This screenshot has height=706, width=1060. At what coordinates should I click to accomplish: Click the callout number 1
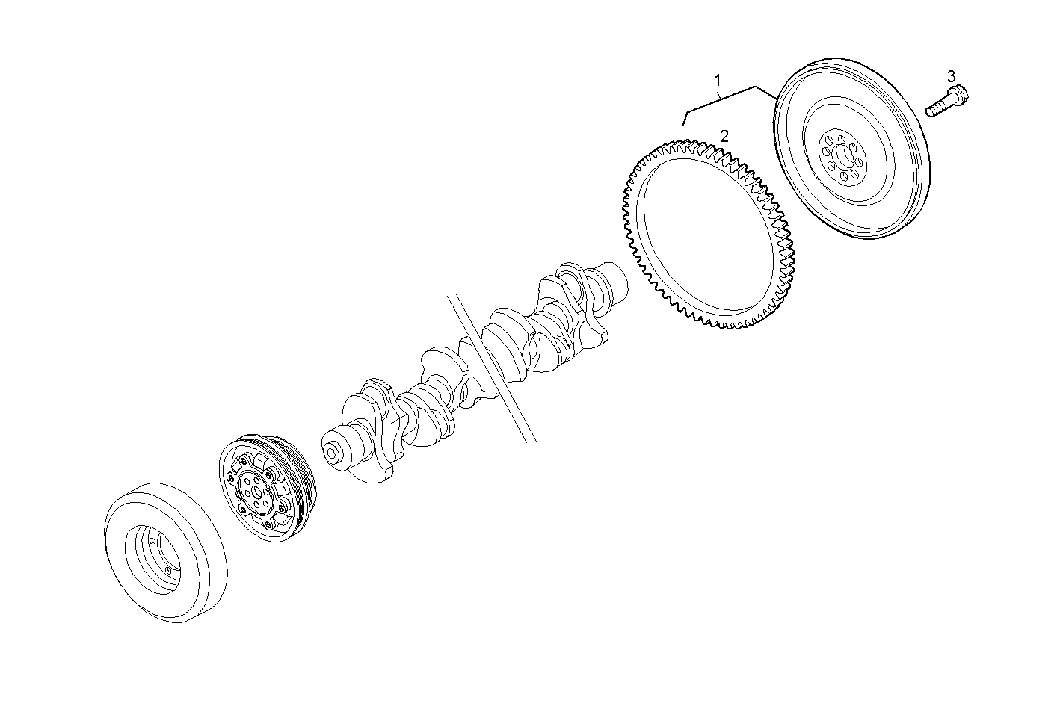coord(718,79)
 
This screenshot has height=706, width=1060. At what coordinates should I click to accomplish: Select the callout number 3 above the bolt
coord(951,75)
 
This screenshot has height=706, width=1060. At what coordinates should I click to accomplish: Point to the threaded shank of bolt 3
coord(938,108)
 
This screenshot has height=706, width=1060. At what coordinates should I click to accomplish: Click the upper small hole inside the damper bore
coord(152,540)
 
